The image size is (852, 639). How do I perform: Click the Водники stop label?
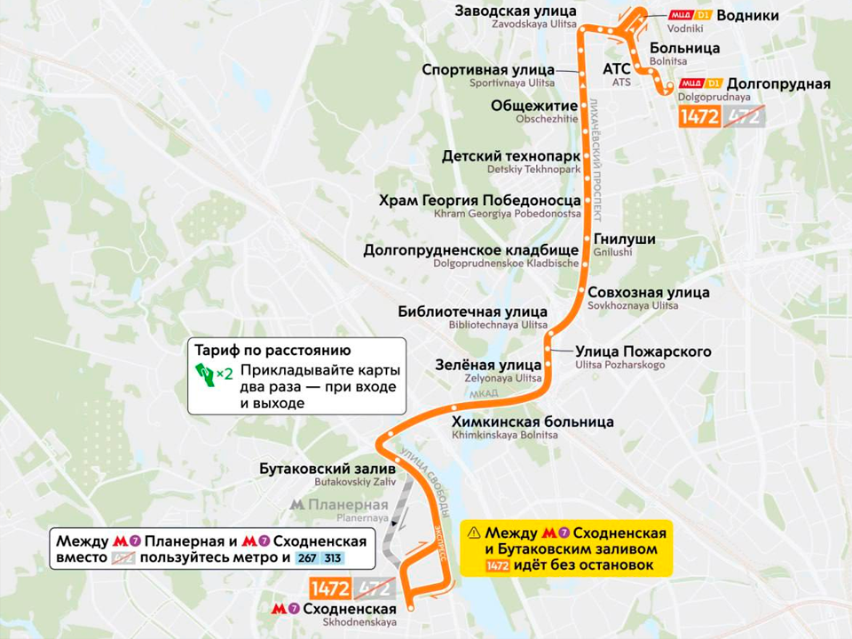[747, 15]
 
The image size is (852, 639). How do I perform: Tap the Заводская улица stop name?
[516, 12]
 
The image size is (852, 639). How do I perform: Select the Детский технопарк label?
[510, 156]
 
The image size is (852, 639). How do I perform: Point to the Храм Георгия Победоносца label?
[479, 201]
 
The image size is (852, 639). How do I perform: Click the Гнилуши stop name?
[624, 240]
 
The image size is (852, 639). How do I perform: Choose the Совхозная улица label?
[649, 292]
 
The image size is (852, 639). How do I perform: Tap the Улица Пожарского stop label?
[643, 351]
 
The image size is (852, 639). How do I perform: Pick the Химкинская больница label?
[532, 422]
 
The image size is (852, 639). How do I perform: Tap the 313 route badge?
[333, 558]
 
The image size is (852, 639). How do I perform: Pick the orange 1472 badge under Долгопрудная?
[698, 116]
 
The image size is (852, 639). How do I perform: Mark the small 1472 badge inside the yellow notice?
[498, 567]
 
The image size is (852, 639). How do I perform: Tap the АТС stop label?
[616, 68]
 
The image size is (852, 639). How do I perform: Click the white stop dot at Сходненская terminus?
[412, 609]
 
